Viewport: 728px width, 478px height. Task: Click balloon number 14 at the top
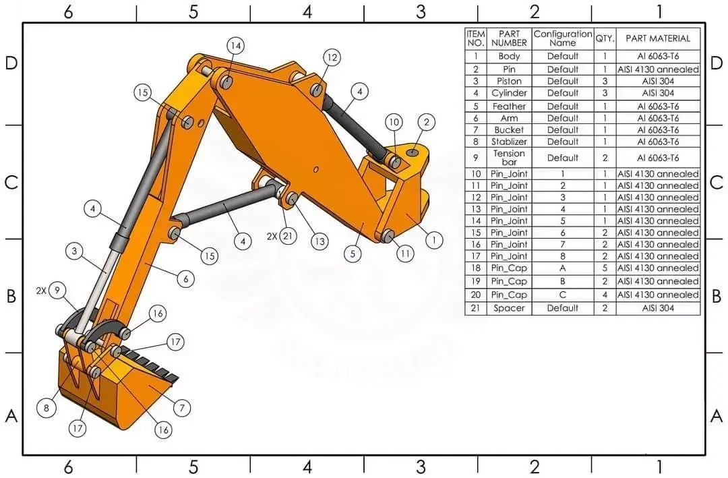[235, 46]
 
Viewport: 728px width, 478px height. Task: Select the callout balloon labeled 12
[332, 57]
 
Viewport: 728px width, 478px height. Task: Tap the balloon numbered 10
[394, 122]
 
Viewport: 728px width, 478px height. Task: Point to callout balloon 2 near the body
[426, 122]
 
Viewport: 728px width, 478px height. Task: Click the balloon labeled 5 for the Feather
[353, 254]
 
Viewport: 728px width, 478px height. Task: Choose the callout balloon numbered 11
[404, 254]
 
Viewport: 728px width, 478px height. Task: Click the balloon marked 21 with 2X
[289, 236]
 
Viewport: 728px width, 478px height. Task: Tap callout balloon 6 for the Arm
[186, 278]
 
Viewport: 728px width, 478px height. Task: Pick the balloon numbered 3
[75, 251]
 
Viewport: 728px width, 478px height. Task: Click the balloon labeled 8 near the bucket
[47, 407]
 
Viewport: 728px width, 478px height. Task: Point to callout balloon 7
[181, 407]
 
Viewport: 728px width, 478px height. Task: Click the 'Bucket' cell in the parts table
[509, 129]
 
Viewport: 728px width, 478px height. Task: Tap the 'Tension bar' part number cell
[509, 158]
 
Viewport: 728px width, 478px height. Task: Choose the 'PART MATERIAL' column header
[658, 38]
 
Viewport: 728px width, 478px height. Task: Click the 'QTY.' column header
[605, 38]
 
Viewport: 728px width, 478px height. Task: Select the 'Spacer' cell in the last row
[509, 308]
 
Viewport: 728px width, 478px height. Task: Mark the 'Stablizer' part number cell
[509, 142]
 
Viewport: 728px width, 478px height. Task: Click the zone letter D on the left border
[11, 63]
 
